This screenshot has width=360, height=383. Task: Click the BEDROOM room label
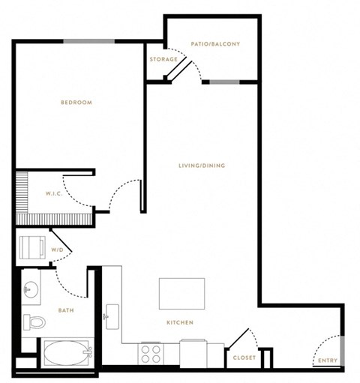click(x=76, y=103)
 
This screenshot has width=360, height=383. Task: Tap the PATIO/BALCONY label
click(x=215, y=44)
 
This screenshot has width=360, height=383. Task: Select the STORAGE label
click(x=163, y=59)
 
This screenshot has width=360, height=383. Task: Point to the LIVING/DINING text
click(x=202, y=166)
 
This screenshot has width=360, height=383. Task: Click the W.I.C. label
click(x=54, y=193)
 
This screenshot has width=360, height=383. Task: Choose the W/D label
click(x=57, y=250)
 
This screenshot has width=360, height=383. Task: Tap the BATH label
click(x=66, y=310)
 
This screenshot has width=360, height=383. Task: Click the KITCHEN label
click(x=180, y=322)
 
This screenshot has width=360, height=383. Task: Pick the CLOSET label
click(x=244, y=358)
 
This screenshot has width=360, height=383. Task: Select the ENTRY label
click(x=328, y=361)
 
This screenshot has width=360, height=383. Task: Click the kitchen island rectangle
click(x=181, y=294)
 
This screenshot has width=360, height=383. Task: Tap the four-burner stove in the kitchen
click(x=151, y=355)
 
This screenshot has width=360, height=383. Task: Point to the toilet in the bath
click(x=34, y=322)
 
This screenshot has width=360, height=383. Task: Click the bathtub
click(x=66, y=353)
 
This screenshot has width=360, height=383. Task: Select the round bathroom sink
click(x=31, y=289)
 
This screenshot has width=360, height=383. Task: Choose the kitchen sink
click(x=112, y=317)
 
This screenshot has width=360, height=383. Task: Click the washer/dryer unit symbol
click(x=32, y=247)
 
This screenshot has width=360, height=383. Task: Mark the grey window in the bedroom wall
click(x=89, y=41)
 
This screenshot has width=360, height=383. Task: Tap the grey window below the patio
click(x=224, y=82)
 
